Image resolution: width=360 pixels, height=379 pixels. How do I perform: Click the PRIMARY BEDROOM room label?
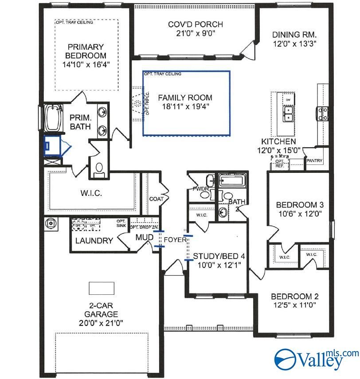tap(86, 51)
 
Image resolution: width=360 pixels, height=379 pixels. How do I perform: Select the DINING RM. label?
tap(294, 35)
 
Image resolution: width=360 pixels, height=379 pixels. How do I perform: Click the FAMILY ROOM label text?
tap(185, 98)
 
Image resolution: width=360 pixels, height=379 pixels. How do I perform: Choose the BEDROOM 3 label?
tap(300, 205)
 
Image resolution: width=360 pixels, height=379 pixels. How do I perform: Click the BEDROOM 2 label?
tap(295, 297)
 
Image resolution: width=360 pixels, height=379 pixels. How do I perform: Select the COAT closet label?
tap(156, 199)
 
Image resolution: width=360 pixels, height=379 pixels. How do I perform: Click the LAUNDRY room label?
tap(94, 241)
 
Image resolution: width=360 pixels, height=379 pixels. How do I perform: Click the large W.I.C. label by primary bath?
tap(91, 194)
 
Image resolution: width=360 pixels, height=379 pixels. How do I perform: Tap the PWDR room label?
tap(198, 188)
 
